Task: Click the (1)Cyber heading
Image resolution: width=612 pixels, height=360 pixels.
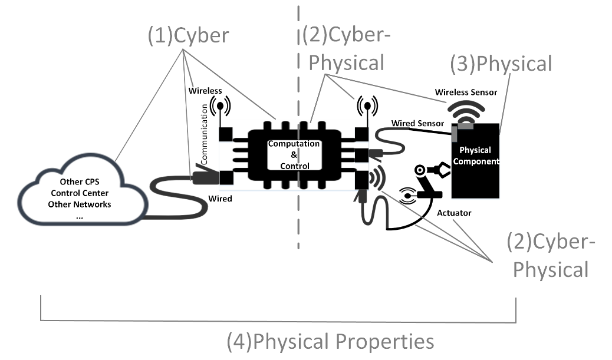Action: point(187,36)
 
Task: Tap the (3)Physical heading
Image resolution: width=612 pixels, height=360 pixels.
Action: point(501,63)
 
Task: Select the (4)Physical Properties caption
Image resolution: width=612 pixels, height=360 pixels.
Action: point(330,341)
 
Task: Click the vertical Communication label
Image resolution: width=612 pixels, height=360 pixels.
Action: point(205,134)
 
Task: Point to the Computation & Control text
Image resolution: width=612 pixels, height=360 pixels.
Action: point(294,155)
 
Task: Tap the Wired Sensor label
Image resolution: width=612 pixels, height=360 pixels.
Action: point(417,123)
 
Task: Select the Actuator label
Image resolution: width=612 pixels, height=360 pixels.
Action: point(455,212)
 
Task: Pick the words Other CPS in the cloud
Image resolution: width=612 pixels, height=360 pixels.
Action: point(80,181)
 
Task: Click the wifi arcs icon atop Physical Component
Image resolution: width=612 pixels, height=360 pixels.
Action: point(466,111)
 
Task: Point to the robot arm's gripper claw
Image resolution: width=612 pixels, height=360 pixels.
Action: point(441,170)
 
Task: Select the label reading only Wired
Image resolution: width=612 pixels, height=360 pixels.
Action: point(220,199)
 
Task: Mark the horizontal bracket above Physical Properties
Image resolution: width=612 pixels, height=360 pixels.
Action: point(277,321)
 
